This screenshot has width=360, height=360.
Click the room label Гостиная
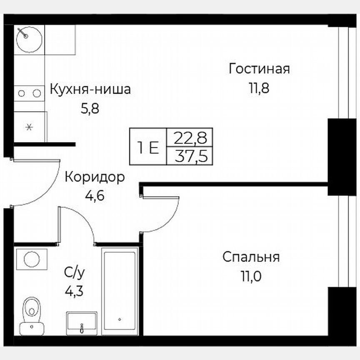[x=259, y=69]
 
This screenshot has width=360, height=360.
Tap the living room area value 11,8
[x=259, y=88]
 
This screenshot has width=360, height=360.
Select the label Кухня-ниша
[x=90, y=89]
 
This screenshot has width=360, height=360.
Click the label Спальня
[x=251, y=257]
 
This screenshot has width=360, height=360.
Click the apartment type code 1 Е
[x=148, y=147]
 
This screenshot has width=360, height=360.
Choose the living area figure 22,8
[x=190, y=137]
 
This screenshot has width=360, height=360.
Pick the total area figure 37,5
[x=190, y=156]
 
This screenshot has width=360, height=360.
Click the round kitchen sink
[x=29, y=40]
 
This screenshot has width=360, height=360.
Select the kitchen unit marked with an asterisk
[x=29, y=127]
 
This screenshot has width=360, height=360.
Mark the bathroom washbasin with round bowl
[x=32, y=259]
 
